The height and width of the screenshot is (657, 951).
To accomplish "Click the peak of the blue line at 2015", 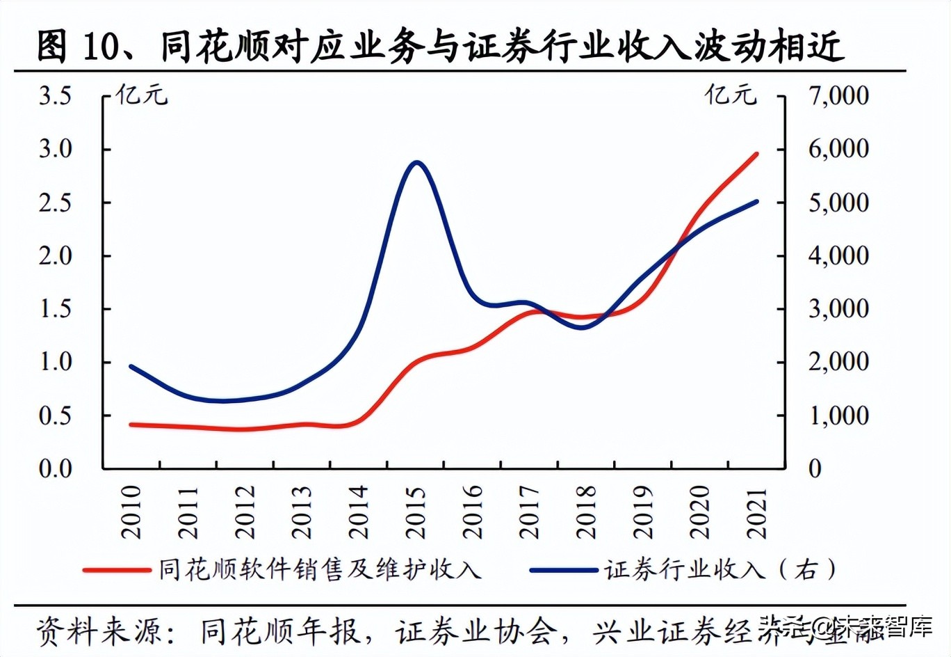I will pyautogui.click(x=416, y=163).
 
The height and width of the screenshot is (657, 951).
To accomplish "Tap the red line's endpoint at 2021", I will pyautogui.click(x=756, y=155).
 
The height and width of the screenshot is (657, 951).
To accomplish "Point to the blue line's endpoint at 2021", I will pyautogui.click(x=756, y=202).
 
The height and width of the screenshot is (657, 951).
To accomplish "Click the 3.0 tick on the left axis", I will pyautogui.click(x=56, y=149).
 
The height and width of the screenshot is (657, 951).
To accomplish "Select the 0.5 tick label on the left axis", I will pyautogui.click(x=56, y=415).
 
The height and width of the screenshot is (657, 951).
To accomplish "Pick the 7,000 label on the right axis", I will pyautogui.click(x=838, y=95).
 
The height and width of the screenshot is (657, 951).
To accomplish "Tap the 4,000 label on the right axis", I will pyautogui.click(x=838, y=255).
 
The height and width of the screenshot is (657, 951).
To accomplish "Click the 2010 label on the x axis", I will pyautogui.click(x=131, y=512).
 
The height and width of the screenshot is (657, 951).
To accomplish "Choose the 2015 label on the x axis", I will pyautogui.click(x=415, y=512).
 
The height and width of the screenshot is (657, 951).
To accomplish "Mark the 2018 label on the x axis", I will pyautogui.click(x=586, y=512).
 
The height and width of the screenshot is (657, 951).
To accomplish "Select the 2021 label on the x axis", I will pyautogui.click(x=756, y=512).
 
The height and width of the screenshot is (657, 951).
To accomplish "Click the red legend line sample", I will pyautogui.click(x=117, y=571).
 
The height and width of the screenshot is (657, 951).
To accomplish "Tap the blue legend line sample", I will pyautogui.click(x=563, y=571).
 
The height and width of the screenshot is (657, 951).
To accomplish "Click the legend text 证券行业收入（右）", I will pyautogui.click(x=720, y=570).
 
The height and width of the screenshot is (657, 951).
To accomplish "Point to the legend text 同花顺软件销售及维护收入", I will pyautogui.click(x=320, y=570).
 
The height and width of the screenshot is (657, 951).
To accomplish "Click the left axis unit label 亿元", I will pyautogui.click(x=142, y=95).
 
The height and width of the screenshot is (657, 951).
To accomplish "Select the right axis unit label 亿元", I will pyautogui.click(x=731, y=95).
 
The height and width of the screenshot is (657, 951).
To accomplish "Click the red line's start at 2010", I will pyautogui.click(x=131, y=425).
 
